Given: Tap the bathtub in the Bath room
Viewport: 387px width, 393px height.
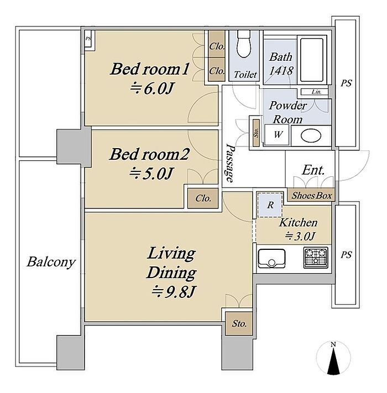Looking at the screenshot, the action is click(312, 60).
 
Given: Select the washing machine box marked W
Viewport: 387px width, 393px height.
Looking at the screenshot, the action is click(277, 135).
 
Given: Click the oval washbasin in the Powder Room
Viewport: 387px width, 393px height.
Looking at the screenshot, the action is click(311, 136).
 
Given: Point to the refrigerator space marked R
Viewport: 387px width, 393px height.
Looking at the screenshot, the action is click(270, 205).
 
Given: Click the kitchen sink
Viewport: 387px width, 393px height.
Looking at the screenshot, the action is click(271, 258).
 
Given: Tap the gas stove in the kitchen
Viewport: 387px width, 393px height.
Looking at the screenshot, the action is click(316, 257).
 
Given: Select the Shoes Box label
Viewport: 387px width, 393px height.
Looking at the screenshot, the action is click(312, 196).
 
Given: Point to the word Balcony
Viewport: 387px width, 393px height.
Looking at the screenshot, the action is click(51, 262).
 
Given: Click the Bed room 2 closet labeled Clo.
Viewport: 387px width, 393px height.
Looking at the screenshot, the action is click(203, 198).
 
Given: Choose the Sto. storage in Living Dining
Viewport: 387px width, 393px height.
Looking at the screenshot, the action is click(239, 323).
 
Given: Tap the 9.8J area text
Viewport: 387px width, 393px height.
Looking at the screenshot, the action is click(173, 291).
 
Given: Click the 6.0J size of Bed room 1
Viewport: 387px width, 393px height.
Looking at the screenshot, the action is click(151, 88).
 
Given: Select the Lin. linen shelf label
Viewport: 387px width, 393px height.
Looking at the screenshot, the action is click(317, 92).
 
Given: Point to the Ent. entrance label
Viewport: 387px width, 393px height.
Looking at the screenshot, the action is click(313, 170).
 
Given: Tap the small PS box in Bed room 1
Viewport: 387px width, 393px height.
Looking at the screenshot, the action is click(88, 39).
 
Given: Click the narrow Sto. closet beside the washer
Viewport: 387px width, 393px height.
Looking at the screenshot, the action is click(256, 133).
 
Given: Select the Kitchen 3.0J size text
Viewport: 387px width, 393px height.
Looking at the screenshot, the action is click(300, 236).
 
